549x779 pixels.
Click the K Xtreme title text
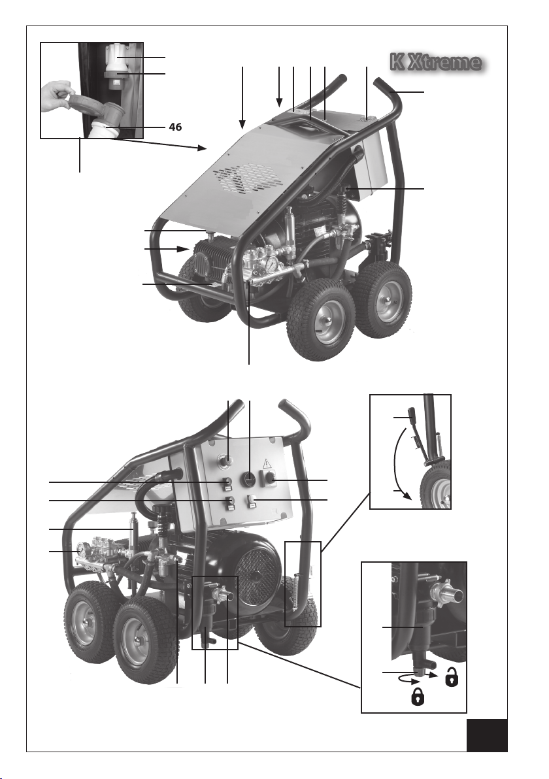436,63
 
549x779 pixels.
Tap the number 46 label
175,127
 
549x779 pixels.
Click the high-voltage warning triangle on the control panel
266,463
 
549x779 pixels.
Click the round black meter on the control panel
248,479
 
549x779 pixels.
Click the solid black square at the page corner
488,735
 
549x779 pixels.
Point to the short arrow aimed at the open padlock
433,675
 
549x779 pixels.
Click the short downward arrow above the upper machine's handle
280,86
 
